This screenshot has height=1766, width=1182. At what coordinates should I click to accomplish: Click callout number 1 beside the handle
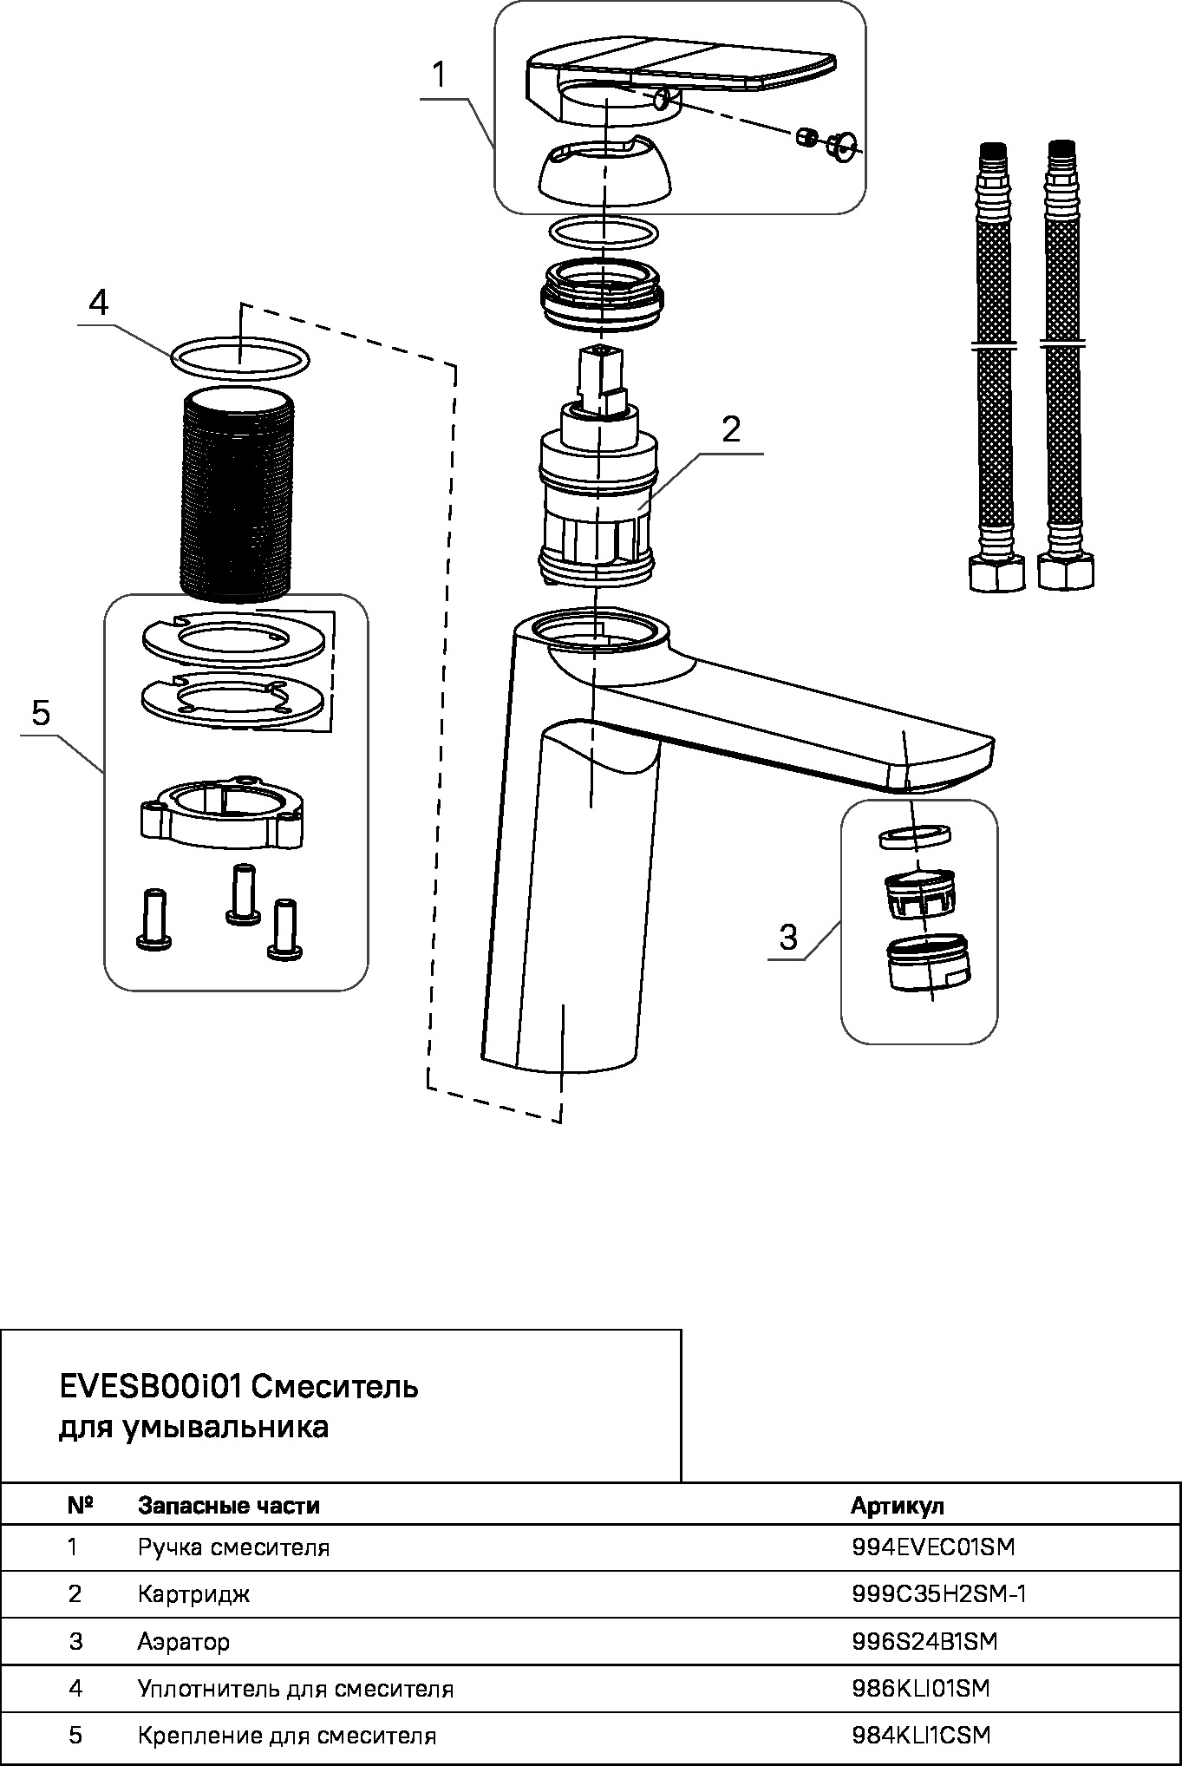pos(440,76)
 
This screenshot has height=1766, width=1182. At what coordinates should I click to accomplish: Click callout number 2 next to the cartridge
pos(732,430)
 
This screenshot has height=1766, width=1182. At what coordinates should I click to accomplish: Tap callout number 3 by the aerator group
pos(788,938)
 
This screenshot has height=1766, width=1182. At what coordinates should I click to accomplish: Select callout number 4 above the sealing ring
pos(99,304)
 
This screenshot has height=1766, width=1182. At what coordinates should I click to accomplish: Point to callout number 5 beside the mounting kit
pos(41,714)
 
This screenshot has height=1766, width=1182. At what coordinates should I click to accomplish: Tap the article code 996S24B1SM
pos(924,1641)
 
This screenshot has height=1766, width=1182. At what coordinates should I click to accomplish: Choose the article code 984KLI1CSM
pos(921,1736)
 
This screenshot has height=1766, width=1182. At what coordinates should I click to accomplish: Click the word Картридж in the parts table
pos(193,1594)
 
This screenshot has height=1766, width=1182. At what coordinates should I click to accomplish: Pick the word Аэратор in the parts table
pos(184,1642)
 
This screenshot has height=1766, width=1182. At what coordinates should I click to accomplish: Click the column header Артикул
pos(898,1506)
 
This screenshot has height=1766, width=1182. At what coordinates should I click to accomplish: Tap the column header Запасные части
pos(229,1505)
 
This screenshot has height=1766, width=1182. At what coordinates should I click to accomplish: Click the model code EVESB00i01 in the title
pos(150,1387)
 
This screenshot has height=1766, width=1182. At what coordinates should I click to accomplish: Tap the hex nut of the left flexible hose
pos(996,573)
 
